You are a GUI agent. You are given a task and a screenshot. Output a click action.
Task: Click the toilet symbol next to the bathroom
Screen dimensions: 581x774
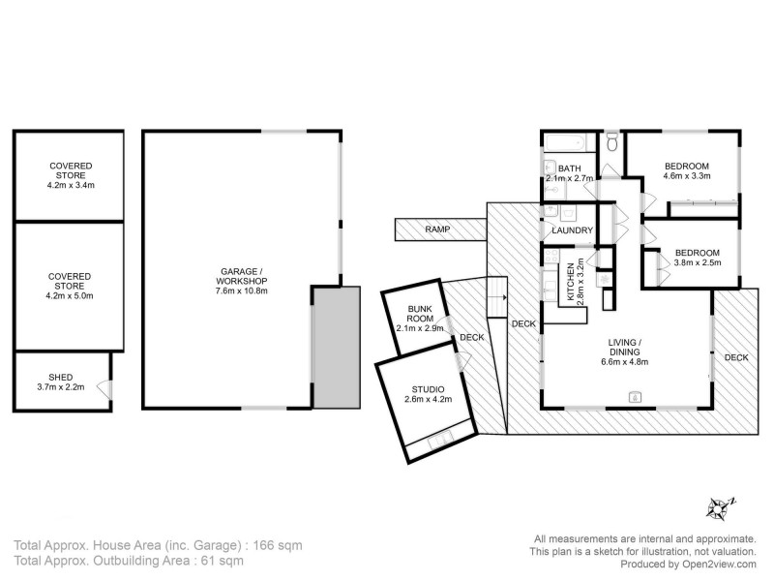(x=610, y=144)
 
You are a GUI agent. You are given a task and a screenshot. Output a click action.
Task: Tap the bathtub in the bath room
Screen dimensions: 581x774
(x=561, y=144)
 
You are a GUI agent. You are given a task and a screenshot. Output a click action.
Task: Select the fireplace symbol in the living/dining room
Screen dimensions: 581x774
(x=636, y=395)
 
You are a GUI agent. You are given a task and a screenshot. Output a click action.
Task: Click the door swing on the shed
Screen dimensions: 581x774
(x=104, y=390)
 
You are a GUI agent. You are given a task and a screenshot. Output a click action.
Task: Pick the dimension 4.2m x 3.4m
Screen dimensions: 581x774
(x=70, y=184)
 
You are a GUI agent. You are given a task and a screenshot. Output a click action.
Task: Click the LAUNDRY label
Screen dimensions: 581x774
(x=571, y=230)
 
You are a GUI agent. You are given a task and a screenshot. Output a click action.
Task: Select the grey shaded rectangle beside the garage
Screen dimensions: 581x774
(x=336, y=346)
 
